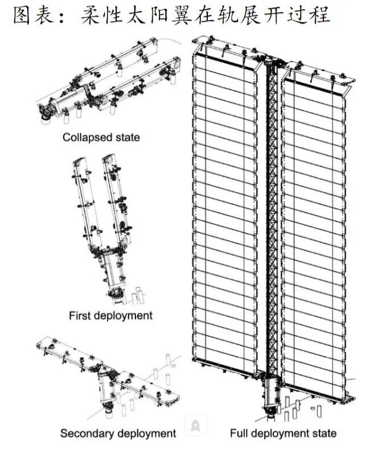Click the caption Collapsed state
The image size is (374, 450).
coord(101,137)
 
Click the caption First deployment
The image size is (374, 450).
coord(110,315)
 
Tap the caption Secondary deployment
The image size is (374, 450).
coord(118,434)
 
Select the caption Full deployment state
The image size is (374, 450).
coord(283,434)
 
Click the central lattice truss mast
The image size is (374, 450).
coord(272,216)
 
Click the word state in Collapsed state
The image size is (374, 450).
coord(126,137)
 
